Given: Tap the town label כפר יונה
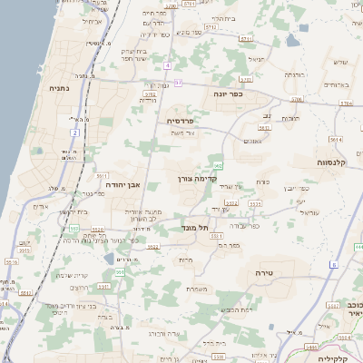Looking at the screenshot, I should [228, 93].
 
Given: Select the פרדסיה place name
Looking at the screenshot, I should [181, 120].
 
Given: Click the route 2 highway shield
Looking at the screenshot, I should [75, 132].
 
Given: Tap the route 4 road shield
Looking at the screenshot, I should [168, 65].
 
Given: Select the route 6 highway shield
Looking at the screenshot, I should [333, 264].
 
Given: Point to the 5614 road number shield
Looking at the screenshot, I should [335, 140].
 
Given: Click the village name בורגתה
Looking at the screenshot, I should [294, 74].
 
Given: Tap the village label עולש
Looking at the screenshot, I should [340, 62].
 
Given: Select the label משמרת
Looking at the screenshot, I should [198, 289].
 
